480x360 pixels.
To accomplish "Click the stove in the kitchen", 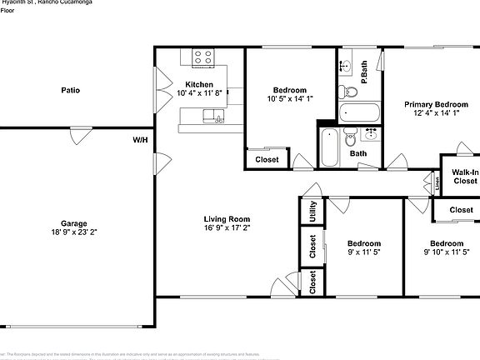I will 203,57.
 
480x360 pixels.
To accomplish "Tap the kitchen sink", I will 219,120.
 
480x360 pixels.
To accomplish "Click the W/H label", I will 140,139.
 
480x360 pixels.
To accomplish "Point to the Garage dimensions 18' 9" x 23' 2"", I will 74,232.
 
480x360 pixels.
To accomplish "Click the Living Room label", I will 227,218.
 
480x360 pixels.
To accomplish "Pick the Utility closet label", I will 312,211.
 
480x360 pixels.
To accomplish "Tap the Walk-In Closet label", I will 464,176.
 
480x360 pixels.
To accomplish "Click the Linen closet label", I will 437,181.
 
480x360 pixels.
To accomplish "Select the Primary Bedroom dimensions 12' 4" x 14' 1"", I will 432,114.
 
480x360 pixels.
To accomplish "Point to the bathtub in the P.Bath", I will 359,112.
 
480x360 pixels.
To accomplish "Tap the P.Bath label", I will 364,72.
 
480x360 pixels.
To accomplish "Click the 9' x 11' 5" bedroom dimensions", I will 363,252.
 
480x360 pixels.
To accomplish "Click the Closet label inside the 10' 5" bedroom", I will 267,159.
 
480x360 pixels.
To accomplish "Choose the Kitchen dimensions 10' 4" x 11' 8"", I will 198,93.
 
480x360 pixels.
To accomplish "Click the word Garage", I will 74,222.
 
